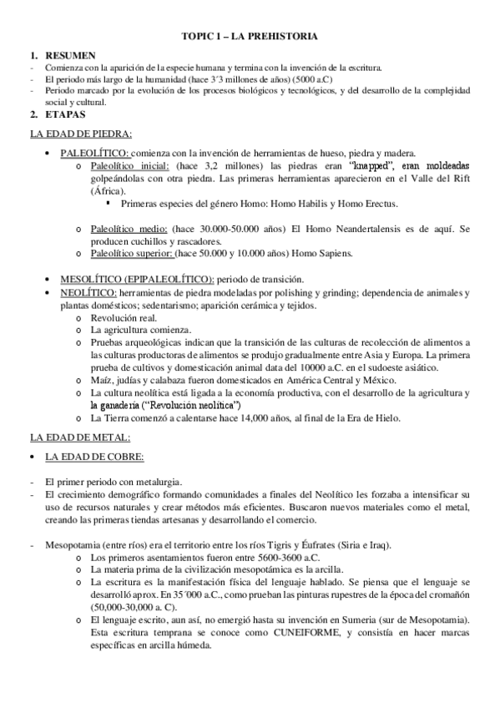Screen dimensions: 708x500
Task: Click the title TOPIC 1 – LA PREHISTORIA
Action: pyautogui.click(x=249, y=38)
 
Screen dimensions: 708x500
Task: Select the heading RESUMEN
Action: pyautogui.click(x=68, y=53)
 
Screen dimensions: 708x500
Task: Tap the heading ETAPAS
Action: pyautogui.click(x=63, y=113)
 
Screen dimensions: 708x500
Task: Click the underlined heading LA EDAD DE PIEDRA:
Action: pyautogui.click(x=80, y=134)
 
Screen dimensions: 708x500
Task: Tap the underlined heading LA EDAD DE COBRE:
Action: pyautogui.click(x=91, y=457)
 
